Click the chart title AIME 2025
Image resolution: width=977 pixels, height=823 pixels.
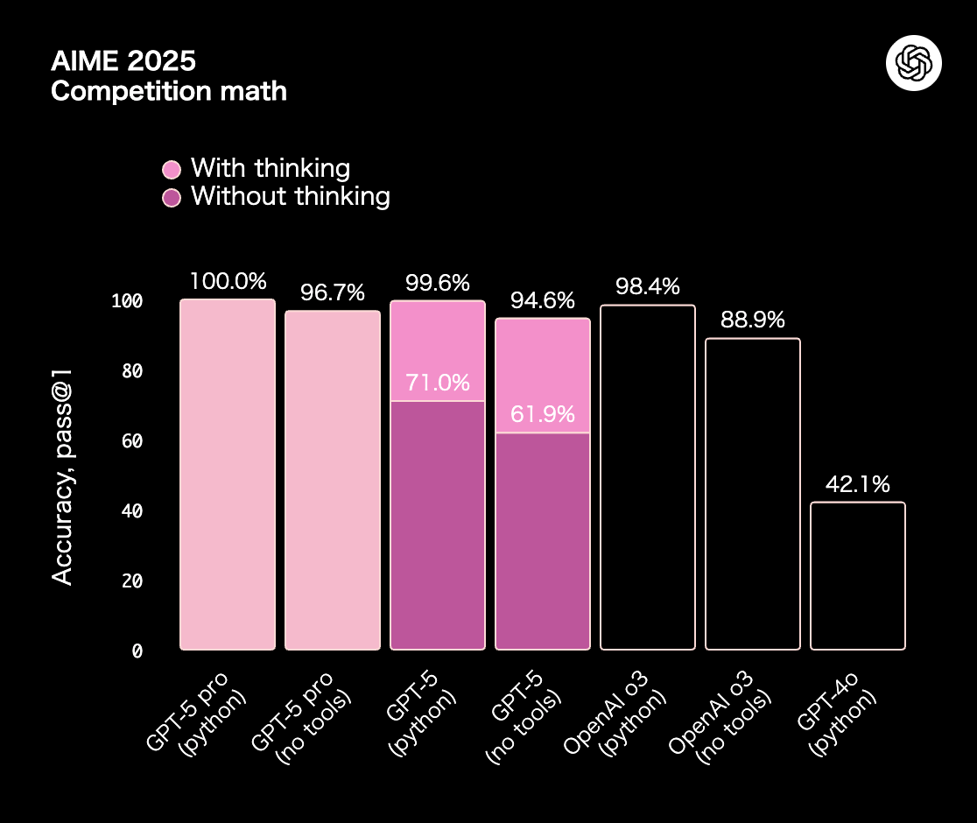[123, 61]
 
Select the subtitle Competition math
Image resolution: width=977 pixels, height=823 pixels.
[169, 90]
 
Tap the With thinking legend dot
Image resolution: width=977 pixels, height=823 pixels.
[172, 169]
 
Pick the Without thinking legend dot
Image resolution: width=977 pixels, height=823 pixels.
[172, 197]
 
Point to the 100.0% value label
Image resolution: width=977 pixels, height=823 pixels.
[228, 281]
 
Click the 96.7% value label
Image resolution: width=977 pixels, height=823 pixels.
[333, 292]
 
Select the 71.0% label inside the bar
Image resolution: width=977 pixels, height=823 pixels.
[438, 383]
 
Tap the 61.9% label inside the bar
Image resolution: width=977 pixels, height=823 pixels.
[543, 414]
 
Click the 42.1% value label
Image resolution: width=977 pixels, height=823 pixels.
[858, 484]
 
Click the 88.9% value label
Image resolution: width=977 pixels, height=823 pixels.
[753, 320]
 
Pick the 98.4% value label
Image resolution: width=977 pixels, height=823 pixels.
[648, 286]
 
